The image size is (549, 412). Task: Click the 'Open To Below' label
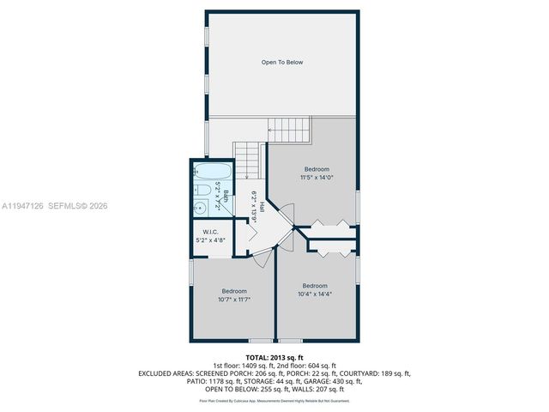coord(282,63)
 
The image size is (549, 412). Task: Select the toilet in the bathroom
coord(199,190)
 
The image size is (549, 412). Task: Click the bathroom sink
coord(199,206)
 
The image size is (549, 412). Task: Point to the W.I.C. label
coord(211,233)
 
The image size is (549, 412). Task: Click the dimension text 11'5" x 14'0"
coord(315,178)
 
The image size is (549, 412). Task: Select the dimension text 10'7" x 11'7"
coord(233,300)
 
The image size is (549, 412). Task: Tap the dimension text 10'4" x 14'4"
coord(315,294)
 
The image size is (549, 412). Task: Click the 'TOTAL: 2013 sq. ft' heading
coord(274,357)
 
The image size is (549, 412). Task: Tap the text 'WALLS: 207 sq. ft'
coord(327,390)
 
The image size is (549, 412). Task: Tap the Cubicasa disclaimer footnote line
coord(274,400)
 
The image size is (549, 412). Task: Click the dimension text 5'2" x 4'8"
coord(211,241)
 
